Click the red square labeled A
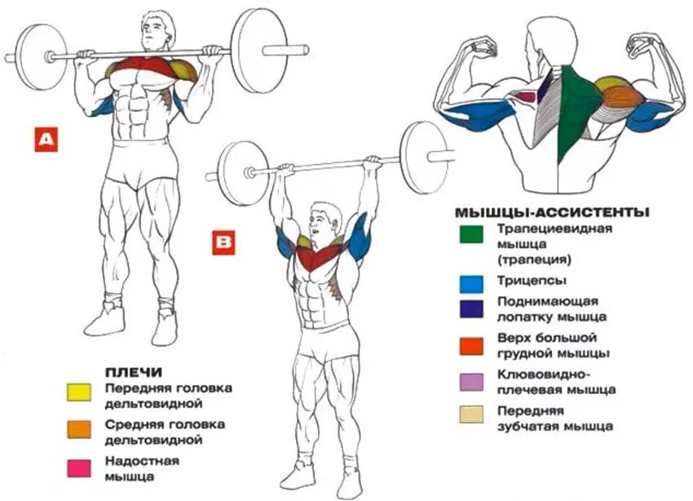46,140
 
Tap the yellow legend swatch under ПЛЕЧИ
79,392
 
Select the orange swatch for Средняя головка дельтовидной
79,429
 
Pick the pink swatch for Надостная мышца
79,468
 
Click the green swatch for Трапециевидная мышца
471,234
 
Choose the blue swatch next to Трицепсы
471,284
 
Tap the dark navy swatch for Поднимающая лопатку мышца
471,309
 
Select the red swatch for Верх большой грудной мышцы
471,346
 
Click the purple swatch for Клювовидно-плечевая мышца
471,382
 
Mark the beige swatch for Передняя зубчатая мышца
471,415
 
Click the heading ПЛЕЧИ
134,372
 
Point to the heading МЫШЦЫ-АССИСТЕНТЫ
553,213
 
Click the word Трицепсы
532,282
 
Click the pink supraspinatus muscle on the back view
526,96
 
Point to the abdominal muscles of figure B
316,301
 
